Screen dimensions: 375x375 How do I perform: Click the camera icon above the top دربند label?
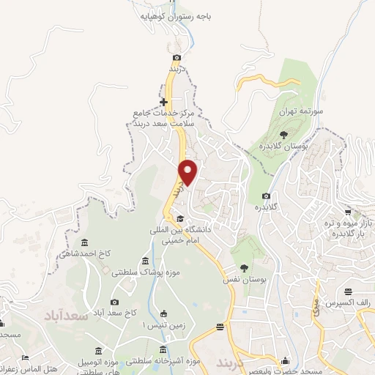coord(177,57)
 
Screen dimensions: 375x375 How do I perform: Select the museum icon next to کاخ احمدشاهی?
coord(85,242)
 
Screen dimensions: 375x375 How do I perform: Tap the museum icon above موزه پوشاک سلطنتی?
coord(145,261)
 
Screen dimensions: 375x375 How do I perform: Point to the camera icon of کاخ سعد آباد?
coord(114,302)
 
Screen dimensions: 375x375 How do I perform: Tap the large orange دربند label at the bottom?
coord(234,363)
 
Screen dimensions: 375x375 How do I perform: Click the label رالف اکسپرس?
coord(342,302)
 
